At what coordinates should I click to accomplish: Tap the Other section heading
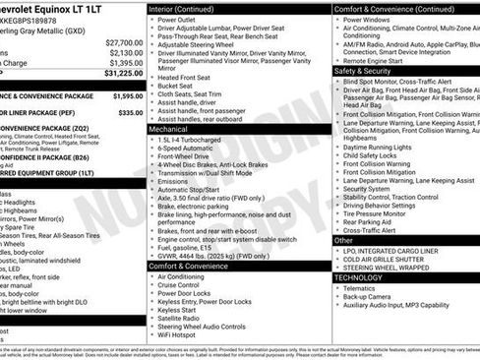[x=343, y=240]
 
